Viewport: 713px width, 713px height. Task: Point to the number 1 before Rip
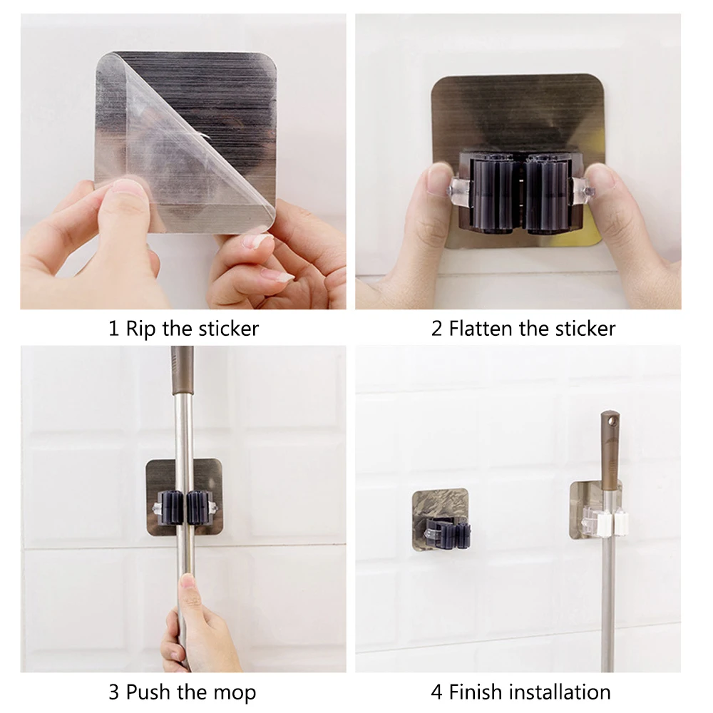(113, 329)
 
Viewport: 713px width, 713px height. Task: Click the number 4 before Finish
(436, 692)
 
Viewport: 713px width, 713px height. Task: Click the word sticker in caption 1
(227, 329)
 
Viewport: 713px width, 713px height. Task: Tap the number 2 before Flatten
(436, 329)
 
